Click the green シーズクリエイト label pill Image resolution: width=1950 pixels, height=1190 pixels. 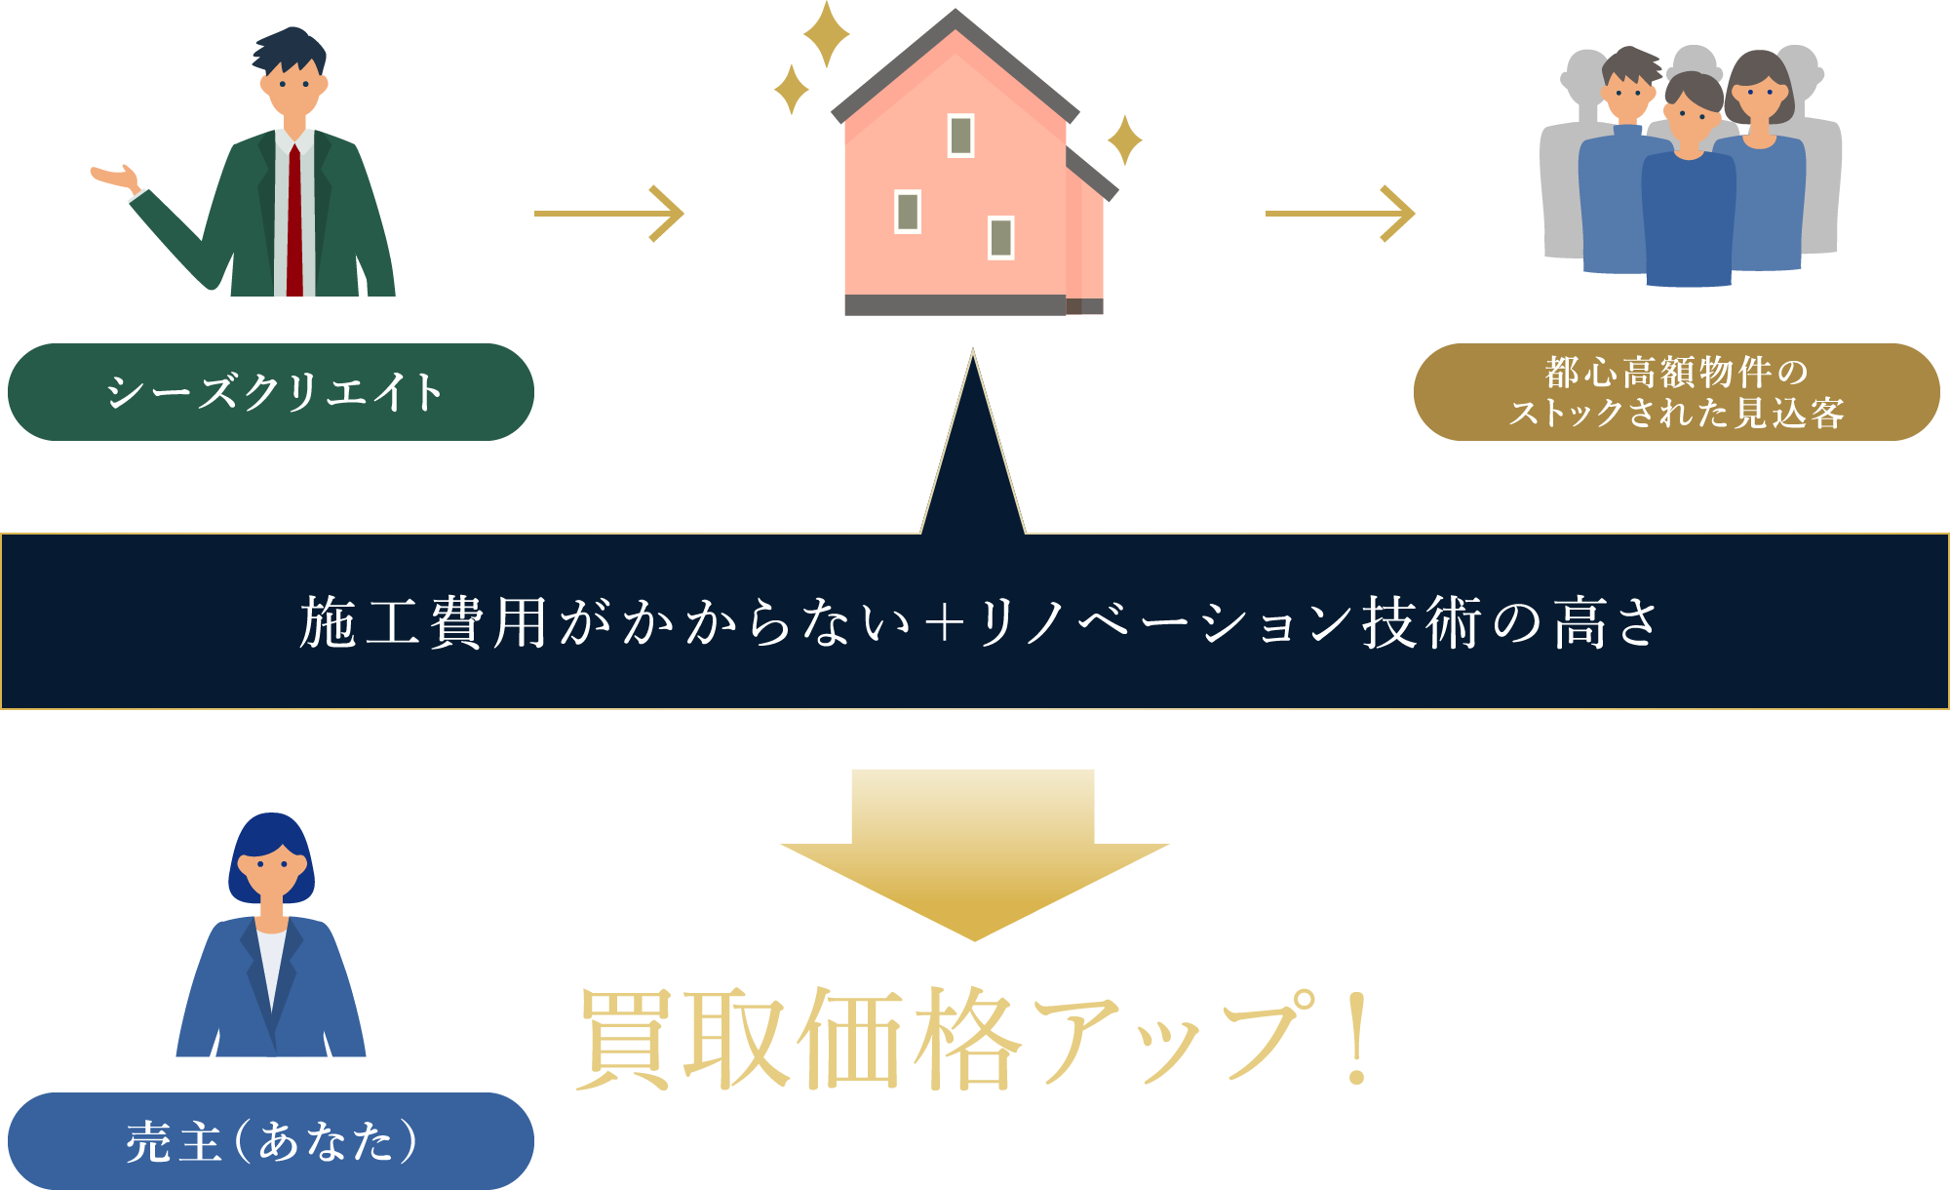pos(270,392)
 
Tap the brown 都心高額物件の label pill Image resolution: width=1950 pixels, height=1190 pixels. pos(1676,392)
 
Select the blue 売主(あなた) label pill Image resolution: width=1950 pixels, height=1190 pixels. pos(270,1140)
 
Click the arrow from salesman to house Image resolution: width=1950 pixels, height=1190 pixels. pos(609,213)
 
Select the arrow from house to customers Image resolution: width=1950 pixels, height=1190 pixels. pos(1340,213)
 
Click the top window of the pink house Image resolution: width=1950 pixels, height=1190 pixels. pos(960,136)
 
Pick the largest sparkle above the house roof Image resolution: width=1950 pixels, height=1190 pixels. pos(826,34)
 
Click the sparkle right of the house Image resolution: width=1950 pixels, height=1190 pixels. pos(1124,139)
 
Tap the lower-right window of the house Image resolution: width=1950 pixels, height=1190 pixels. pos(1000,237)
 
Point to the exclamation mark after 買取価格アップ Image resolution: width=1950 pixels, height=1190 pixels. pos(1356,1039)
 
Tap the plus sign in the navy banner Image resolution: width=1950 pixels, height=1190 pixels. pos(944,622)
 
